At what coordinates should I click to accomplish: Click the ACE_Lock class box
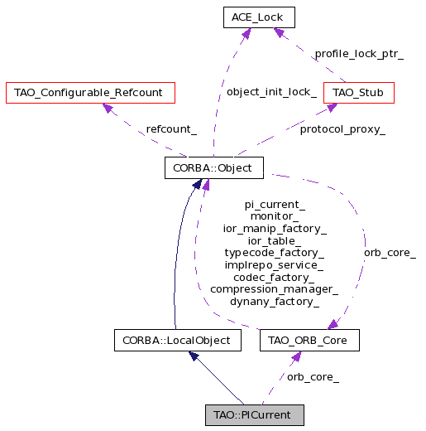259,17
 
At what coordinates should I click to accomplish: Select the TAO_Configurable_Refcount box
90,93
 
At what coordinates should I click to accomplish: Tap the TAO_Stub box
359,93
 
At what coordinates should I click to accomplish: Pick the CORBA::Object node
214,168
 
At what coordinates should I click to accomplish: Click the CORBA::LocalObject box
178,341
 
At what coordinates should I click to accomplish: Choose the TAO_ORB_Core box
309,341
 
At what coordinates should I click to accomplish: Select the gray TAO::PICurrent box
255,415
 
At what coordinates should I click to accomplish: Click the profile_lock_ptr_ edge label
359,54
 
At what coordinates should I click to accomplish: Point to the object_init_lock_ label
271,92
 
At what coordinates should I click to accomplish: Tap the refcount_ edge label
171,129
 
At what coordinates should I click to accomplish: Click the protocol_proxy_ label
342,129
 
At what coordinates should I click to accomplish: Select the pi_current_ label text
275,205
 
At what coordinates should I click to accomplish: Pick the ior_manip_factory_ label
275,229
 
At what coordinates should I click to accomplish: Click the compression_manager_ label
275,289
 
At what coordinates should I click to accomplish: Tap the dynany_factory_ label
275,302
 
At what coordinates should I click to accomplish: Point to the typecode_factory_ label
275,253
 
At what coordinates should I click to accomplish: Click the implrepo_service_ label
274,265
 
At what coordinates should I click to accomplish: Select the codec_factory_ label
274,278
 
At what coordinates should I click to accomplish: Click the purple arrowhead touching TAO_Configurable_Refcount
108,108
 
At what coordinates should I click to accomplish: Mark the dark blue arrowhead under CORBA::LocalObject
194,356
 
